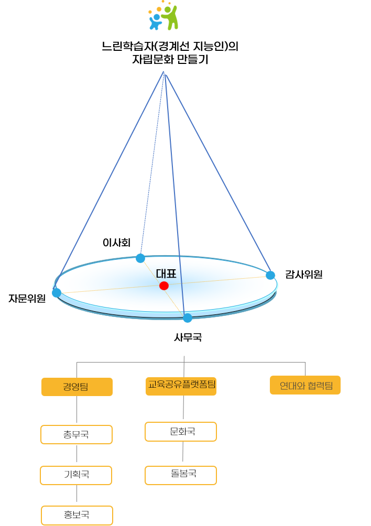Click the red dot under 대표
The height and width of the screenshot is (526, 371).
[x=164, y=286]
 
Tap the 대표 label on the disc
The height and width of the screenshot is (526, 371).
[x=166, y=273]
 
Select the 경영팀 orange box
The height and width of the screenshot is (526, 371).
[x=77, y=387]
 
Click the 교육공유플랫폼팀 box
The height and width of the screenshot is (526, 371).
[x=181, y=386]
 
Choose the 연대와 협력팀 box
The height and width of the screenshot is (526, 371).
[x=305, y=385]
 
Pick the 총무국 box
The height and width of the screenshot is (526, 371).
[x=77, y=434]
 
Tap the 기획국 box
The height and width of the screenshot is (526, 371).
[x=77, y=475]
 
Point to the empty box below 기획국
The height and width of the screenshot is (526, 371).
[x=77, y=515]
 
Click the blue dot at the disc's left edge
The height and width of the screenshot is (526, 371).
[x=56, y=292]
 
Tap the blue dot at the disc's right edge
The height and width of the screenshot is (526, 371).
[x=270, y=275]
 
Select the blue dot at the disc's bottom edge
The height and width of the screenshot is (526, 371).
[x=188, y=318]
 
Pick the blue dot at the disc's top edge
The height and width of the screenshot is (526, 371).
[x=140, y=258]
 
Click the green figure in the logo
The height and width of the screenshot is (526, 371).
[x=170, y=18]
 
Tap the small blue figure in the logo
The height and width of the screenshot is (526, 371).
[x=156, y=23]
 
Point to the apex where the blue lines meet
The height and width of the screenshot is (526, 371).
[x=164, y=72]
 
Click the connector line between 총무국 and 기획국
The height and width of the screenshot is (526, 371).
[x=77, y=455]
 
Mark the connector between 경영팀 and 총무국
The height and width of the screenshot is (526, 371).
[x=77, y=410]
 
